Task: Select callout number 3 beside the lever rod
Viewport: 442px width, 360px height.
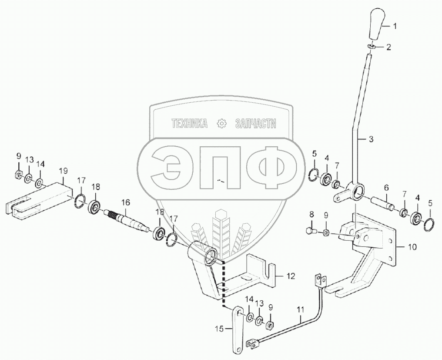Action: tap(371, 139)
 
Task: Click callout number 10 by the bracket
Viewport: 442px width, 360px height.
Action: tap(412, 247)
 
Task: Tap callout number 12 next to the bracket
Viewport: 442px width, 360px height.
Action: tap(291, 276)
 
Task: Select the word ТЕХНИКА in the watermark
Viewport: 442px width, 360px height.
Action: tap(190, 124)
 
